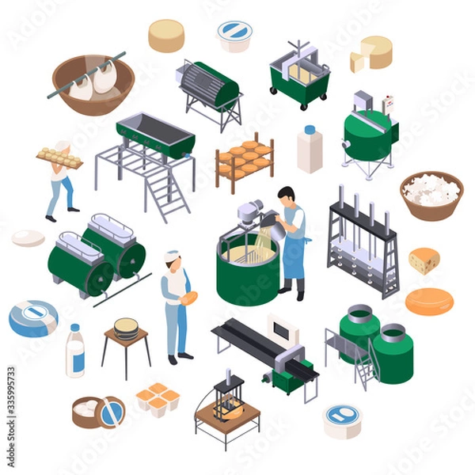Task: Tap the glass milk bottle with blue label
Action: pyautogui.click(x=75, y=351)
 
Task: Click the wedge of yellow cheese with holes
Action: pyautogui.click(x=424, y=260)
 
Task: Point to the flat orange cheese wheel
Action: pyautogui.click(x=428, y=302)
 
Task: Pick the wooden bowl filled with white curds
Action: pyautogui.click(x=431, y=194)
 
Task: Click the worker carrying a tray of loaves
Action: pyautogui.click(x=60, y=177)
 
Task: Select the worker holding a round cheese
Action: pyautogui.click(x=175, y=306)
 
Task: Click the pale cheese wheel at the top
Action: pyautogui.click(x=166, y=36)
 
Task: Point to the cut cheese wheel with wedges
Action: pyautogui.click(x=371, y=52)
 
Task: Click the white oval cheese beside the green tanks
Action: pyautogui.click(x=28, y=237)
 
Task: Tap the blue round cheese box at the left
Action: pyautogui.click(x=32, y=318)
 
